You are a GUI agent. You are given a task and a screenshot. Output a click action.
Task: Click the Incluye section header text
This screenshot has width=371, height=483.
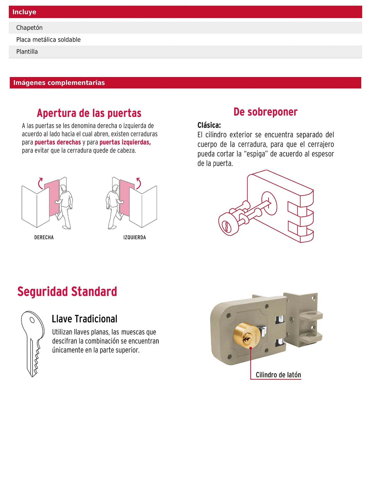tap(24, 12)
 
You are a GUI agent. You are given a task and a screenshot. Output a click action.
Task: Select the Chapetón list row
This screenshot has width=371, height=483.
tap(185, 27)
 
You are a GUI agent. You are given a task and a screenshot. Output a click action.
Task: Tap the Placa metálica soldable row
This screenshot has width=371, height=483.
tap(185, 40)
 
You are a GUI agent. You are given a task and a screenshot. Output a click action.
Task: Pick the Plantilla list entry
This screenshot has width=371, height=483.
tap(185, 52)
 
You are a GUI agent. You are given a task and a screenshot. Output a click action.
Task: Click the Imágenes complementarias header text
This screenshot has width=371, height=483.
tap(59, 83)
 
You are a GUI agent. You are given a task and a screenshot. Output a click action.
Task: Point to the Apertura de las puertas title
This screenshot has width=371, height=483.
tap(89, 113)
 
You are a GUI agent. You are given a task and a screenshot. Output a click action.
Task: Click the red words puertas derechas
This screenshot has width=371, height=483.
tap(58, 142)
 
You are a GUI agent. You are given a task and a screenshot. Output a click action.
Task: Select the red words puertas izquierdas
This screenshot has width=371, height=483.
tap(125, 142)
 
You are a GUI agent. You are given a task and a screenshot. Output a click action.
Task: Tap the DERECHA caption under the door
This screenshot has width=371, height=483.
tap(44, 238)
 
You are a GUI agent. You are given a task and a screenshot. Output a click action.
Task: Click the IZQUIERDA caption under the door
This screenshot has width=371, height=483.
tap(135, 238)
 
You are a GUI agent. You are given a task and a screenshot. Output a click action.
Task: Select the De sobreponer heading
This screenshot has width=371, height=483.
tap(265, 112)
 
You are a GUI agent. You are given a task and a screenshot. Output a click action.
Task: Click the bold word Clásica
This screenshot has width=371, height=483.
tap(209, 125)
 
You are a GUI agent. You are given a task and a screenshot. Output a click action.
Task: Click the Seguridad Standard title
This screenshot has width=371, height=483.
tap(67, 292)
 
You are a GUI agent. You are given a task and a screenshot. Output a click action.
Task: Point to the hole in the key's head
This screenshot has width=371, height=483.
tap(32, 320)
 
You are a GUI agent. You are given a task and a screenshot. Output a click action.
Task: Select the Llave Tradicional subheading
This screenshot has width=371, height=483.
tap(84, 319)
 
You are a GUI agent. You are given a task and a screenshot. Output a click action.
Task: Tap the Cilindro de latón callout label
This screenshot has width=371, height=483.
tap(278, 375)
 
